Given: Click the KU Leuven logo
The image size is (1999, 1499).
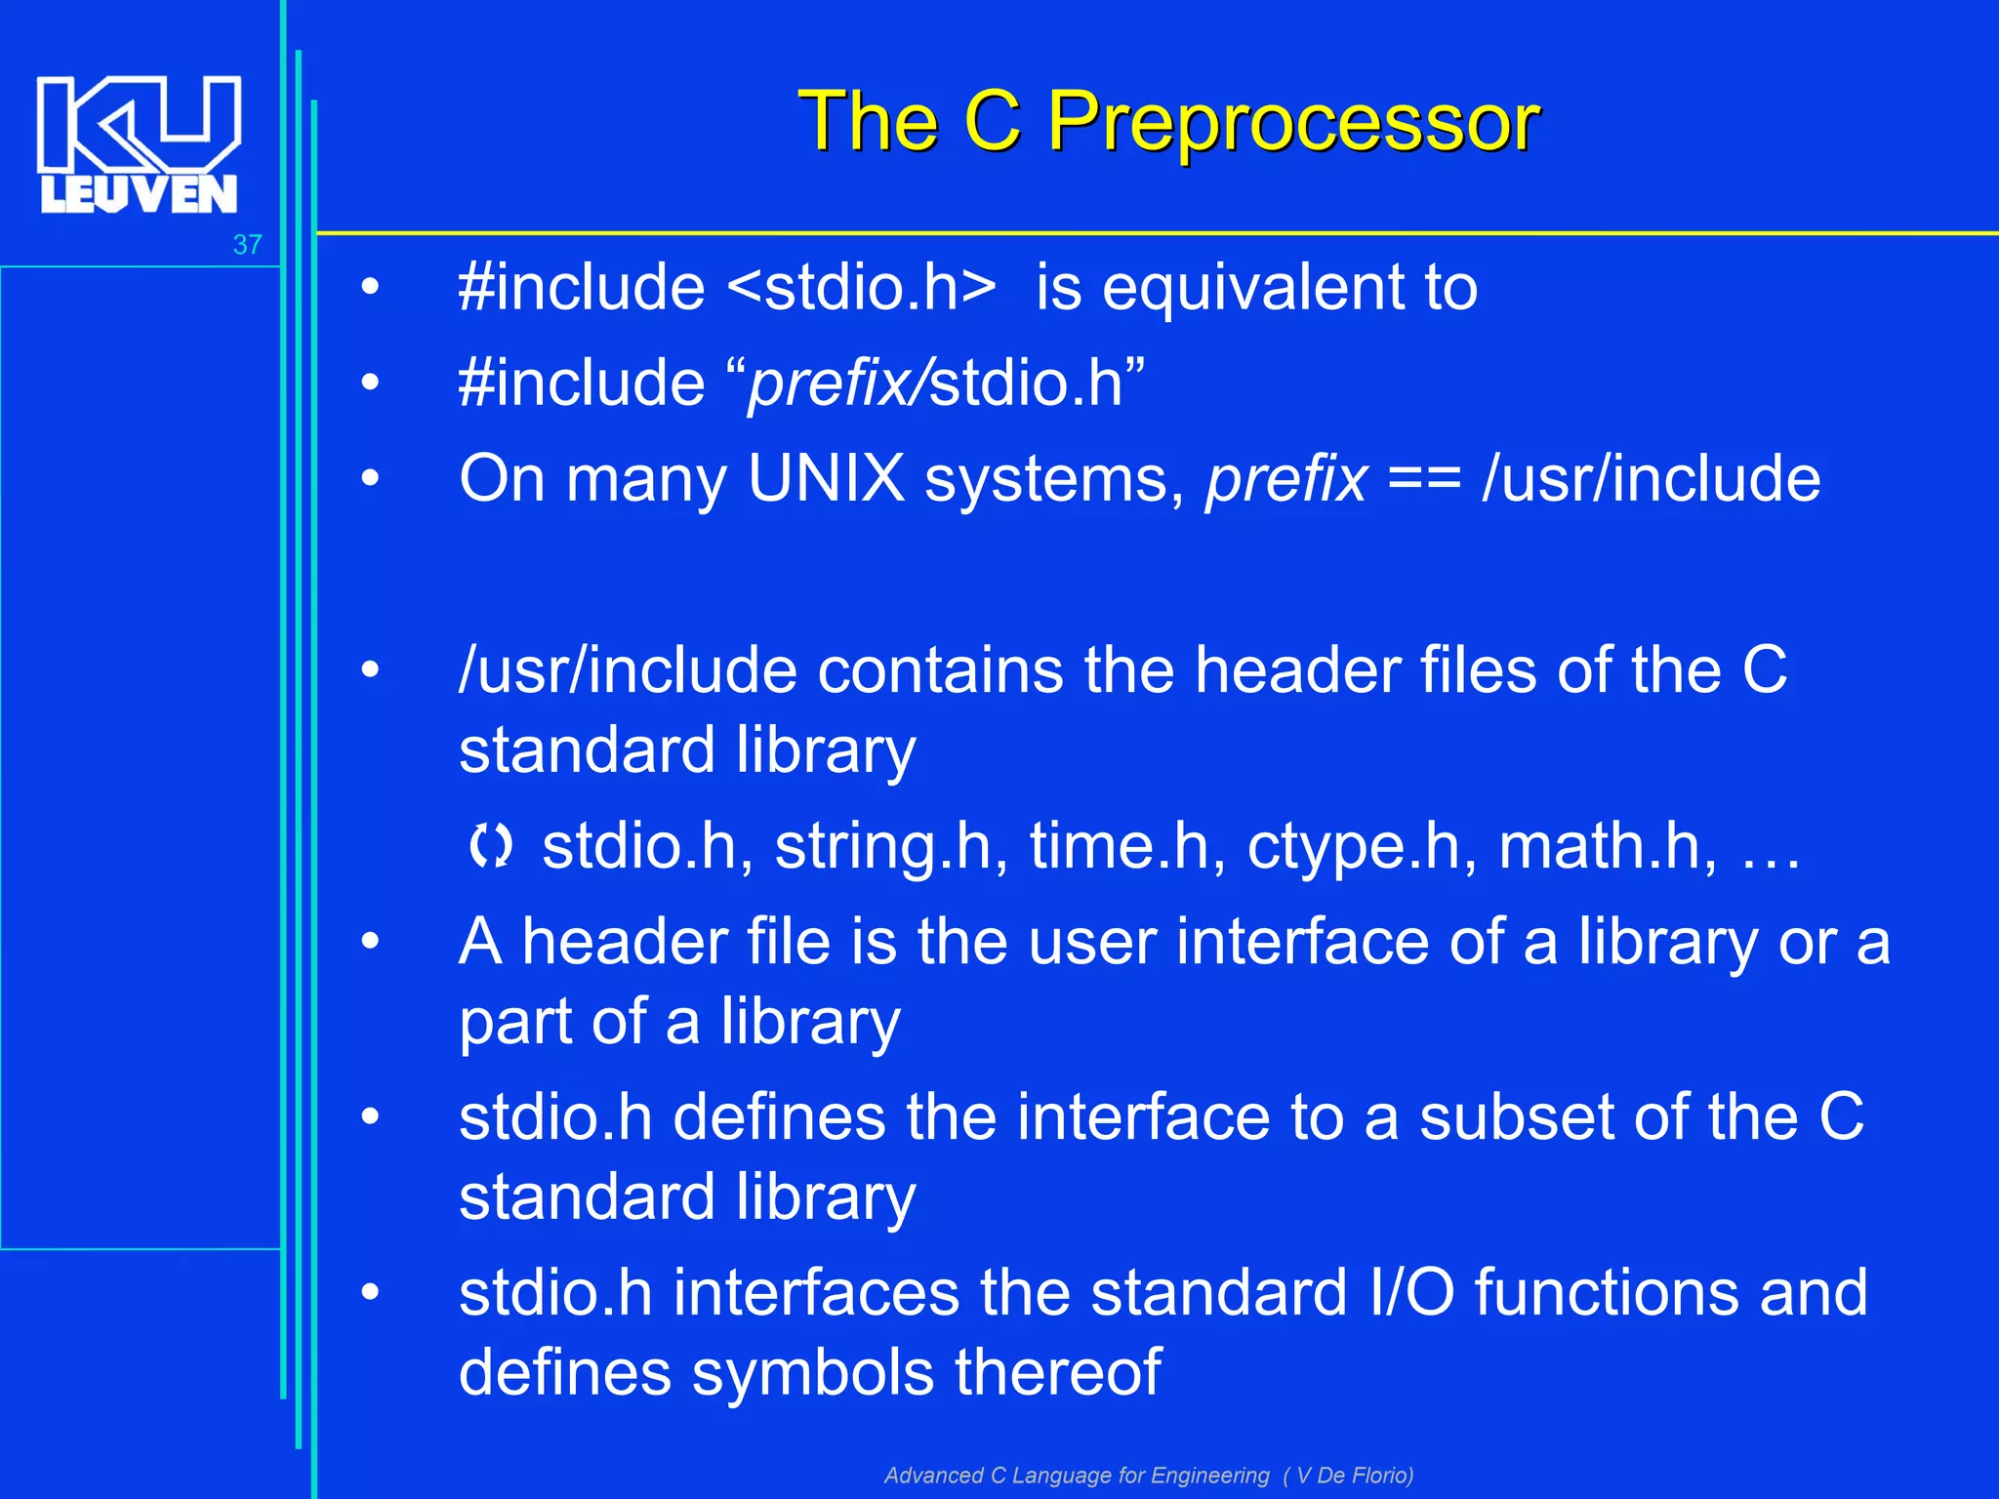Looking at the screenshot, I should (x=138, y=144).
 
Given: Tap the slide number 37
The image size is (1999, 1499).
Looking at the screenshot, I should (x=248, y=245).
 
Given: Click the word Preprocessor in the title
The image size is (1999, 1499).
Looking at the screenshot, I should (x=1292, y=122).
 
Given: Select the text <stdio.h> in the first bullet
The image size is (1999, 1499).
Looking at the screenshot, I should (x=862, y=288).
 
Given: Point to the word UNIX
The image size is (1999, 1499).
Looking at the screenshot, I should (x=826, y=479).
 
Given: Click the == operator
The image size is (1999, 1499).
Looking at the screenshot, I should (x=1424, y=479).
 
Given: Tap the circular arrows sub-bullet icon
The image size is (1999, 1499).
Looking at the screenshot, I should (x=490, y=846).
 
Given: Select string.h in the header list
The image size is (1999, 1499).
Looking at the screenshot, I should (x=890, y=846).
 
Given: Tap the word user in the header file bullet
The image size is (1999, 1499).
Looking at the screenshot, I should (x=1092, y=943).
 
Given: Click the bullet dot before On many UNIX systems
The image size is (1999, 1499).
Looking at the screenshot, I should (x=370, y=479).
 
